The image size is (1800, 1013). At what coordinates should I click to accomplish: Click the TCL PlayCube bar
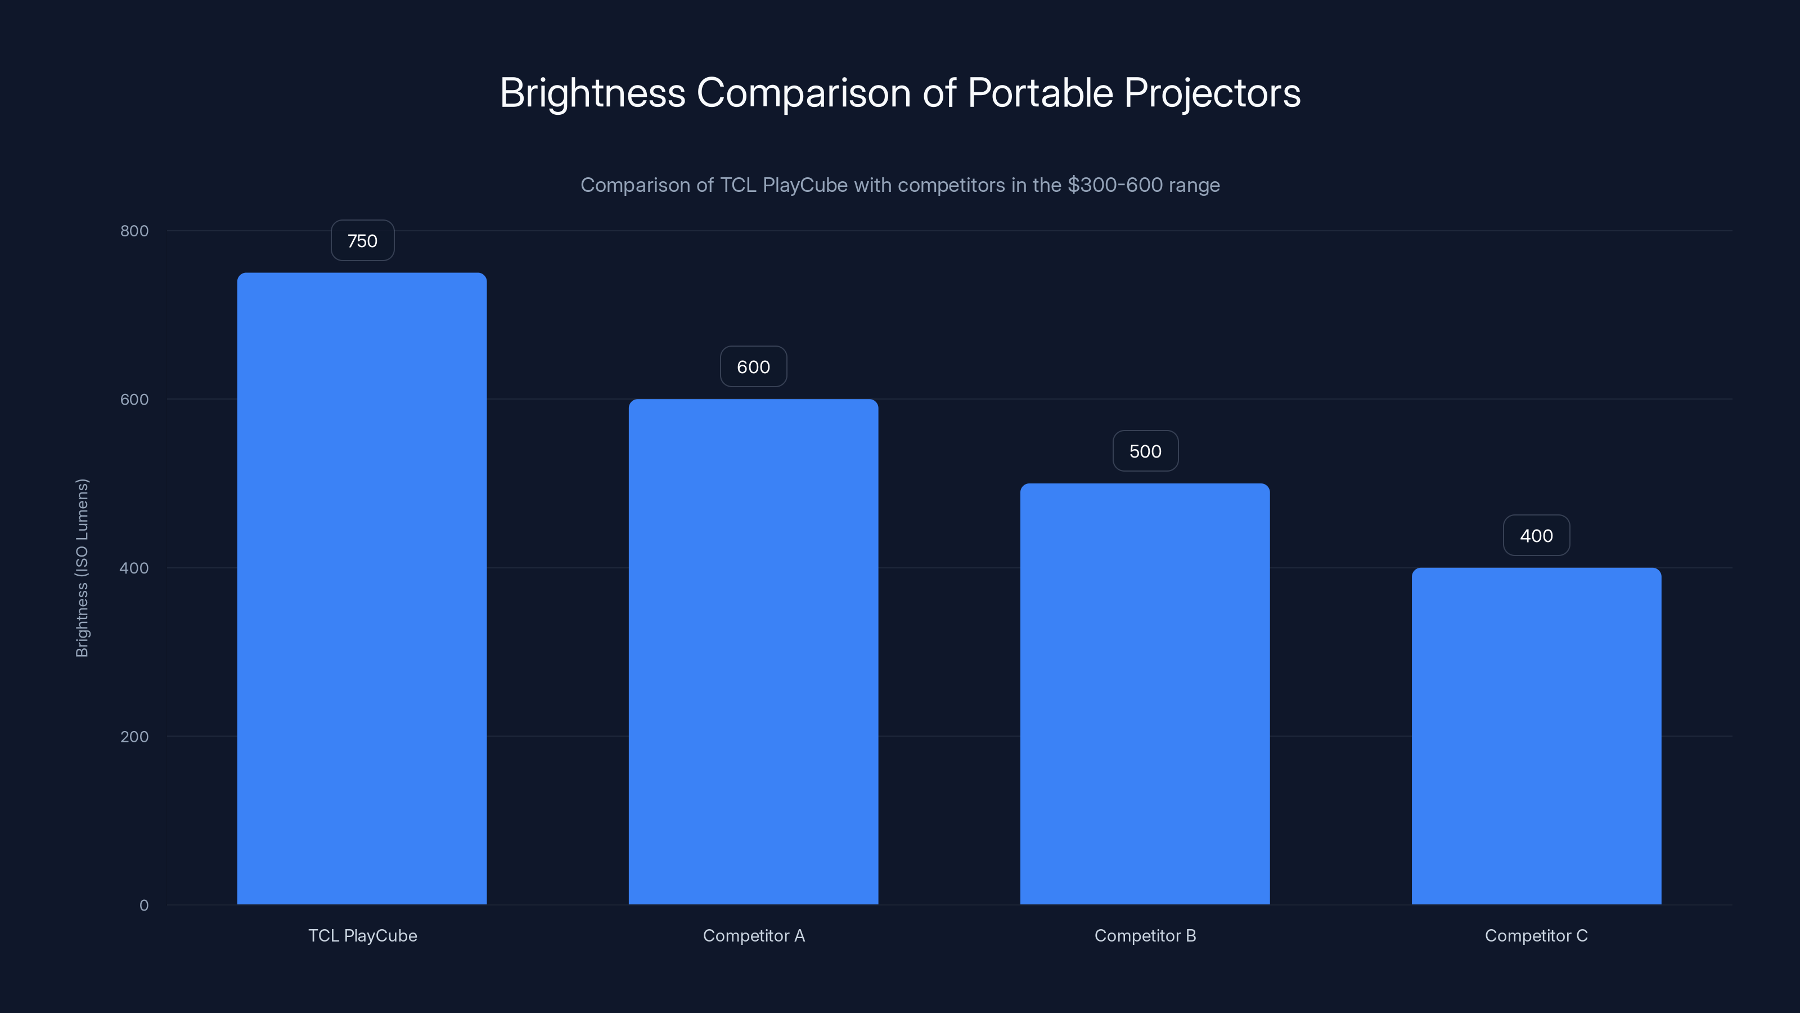tap(362, 588)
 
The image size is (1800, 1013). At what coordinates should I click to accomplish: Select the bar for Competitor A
tap(753, 651)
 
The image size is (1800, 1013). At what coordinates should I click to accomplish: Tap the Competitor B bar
tap(1145, 693)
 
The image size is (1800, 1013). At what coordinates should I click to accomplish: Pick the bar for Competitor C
tap(1536, 736)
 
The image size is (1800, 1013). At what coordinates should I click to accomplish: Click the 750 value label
tap(362, 240)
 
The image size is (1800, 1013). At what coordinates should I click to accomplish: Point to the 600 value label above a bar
tap(753, 367)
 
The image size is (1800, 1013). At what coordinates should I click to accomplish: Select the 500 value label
tap(1145, 451)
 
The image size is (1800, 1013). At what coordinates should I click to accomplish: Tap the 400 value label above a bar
tap(1536, 536)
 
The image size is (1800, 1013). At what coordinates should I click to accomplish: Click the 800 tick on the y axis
tap(134, 231)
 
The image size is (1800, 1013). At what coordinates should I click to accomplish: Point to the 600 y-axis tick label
tap(134, 399)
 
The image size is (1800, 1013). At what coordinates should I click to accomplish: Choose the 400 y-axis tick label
tap(134, 568)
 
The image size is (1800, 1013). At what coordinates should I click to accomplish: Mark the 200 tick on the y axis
tap(134, 736)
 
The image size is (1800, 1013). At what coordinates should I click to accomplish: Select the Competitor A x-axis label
tap(753, 935)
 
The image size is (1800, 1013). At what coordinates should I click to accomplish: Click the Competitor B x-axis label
tap(1145, 935)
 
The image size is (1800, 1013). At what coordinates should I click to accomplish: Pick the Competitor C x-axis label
tap(1536, 935)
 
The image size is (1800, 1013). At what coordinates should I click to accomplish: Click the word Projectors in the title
tap(1212, 93)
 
